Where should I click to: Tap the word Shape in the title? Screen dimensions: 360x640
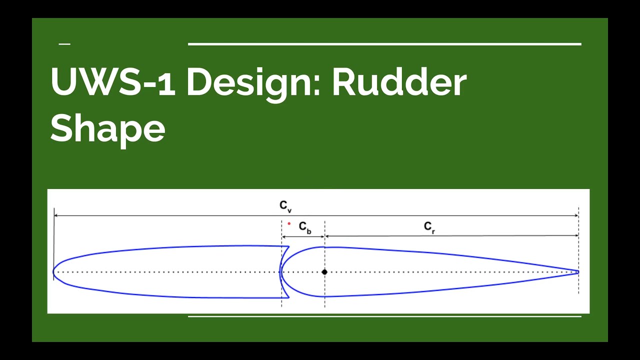[107, 127]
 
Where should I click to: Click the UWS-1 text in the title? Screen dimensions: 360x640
[113, 82]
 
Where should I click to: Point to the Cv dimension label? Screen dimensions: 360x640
[285, 205]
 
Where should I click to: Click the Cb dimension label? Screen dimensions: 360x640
[305, 227]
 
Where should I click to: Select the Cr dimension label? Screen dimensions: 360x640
[429, 227]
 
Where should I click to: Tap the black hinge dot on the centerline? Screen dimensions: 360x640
[324, 272]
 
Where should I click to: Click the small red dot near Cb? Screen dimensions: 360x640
[289, 223]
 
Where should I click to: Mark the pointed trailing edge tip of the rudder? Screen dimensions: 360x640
[577, 272]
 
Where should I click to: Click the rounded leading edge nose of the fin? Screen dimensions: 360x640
[54, 272]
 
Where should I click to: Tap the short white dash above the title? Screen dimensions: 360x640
[64, 44]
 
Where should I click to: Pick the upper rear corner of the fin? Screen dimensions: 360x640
[288, 246]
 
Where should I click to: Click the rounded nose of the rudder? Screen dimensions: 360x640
[281, 272]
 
